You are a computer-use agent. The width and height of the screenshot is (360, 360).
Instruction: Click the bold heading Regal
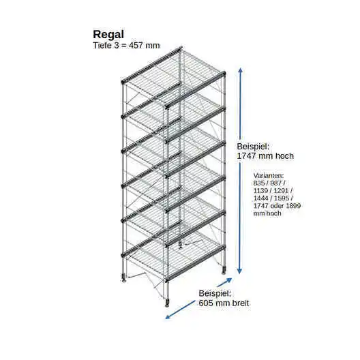pos(108,35)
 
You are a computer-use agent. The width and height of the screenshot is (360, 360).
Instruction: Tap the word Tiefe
pos(102,45)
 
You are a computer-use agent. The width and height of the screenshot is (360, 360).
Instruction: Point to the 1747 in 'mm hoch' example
pos(246,156)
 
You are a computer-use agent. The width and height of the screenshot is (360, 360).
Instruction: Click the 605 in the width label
pos(206,303)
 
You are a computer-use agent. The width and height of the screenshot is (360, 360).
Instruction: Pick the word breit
pos(241,303)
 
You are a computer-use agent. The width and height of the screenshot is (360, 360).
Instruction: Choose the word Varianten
pos(269,176)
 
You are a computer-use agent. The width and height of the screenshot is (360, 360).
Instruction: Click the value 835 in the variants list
pos(258,183)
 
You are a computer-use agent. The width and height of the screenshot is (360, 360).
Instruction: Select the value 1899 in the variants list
pos(293,205)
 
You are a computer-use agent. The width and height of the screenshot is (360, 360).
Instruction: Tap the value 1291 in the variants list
pos(281,190)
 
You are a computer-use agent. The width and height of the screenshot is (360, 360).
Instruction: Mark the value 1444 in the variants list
pos(261,198)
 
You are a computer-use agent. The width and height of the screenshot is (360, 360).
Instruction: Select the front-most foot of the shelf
pos(167,303)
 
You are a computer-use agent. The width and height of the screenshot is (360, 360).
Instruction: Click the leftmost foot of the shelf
pos(124,277)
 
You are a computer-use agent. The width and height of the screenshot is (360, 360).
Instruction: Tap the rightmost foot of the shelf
pos(224,271)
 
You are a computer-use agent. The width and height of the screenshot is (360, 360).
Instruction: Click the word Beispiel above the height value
pos(253,146)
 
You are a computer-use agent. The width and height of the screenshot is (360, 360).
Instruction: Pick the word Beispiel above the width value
pos(215,293)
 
